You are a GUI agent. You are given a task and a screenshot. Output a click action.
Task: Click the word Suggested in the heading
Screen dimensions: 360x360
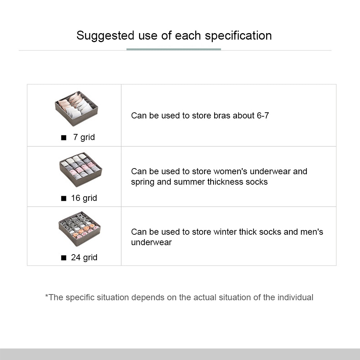(x=105, y=36)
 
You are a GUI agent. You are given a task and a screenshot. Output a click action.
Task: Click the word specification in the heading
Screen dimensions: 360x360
(x=238, y=36)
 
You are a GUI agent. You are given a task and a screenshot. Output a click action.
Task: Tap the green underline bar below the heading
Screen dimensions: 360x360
(x=174, y=49)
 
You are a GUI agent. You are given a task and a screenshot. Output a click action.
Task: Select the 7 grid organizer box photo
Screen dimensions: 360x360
(x=76, y=109)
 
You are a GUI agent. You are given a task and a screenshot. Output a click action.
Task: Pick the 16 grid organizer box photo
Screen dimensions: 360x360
(x=81, y=170)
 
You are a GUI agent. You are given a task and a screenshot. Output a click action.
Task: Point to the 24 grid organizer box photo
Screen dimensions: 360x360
(x=80, y=229)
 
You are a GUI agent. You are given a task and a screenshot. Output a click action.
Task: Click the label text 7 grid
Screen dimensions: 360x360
(x=84, y=137)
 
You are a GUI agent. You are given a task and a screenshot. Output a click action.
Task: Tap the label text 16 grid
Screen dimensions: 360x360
(x=84, y=198)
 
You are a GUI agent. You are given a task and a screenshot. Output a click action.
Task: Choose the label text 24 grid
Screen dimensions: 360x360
(x=84, y=258)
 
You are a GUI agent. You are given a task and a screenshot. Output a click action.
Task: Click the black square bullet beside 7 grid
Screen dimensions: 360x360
(x=64, y=138)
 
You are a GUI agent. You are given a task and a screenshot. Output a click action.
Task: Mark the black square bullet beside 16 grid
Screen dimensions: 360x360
(x=64, y=198)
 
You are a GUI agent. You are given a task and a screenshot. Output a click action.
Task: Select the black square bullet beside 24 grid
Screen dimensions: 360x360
(x=64, y=258)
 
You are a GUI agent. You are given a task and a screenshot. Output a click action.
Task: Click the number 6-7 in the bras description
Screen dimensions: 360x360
(x=263, y=116)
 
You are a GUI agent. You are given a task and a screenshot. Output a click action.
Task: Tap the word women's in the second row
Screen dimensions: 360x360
(x=231, y=171)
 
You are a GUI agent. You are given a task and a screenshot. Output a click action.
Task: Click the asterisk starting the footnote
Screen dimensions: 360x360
(x=46, y=296)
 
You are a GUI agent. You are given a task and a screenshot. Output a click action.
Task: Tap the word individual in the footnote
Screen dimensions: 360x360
(x=295, y=297)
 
